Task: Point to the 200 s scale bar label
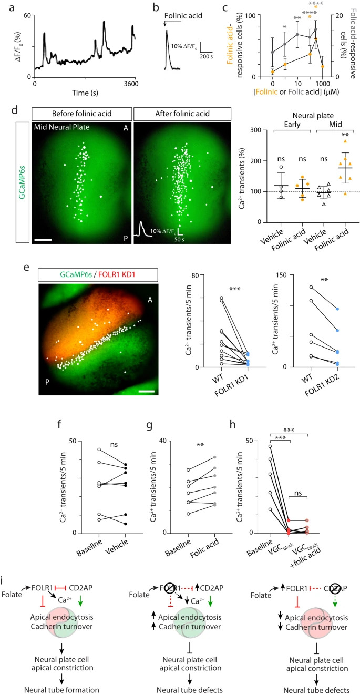tap(209, 55)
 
